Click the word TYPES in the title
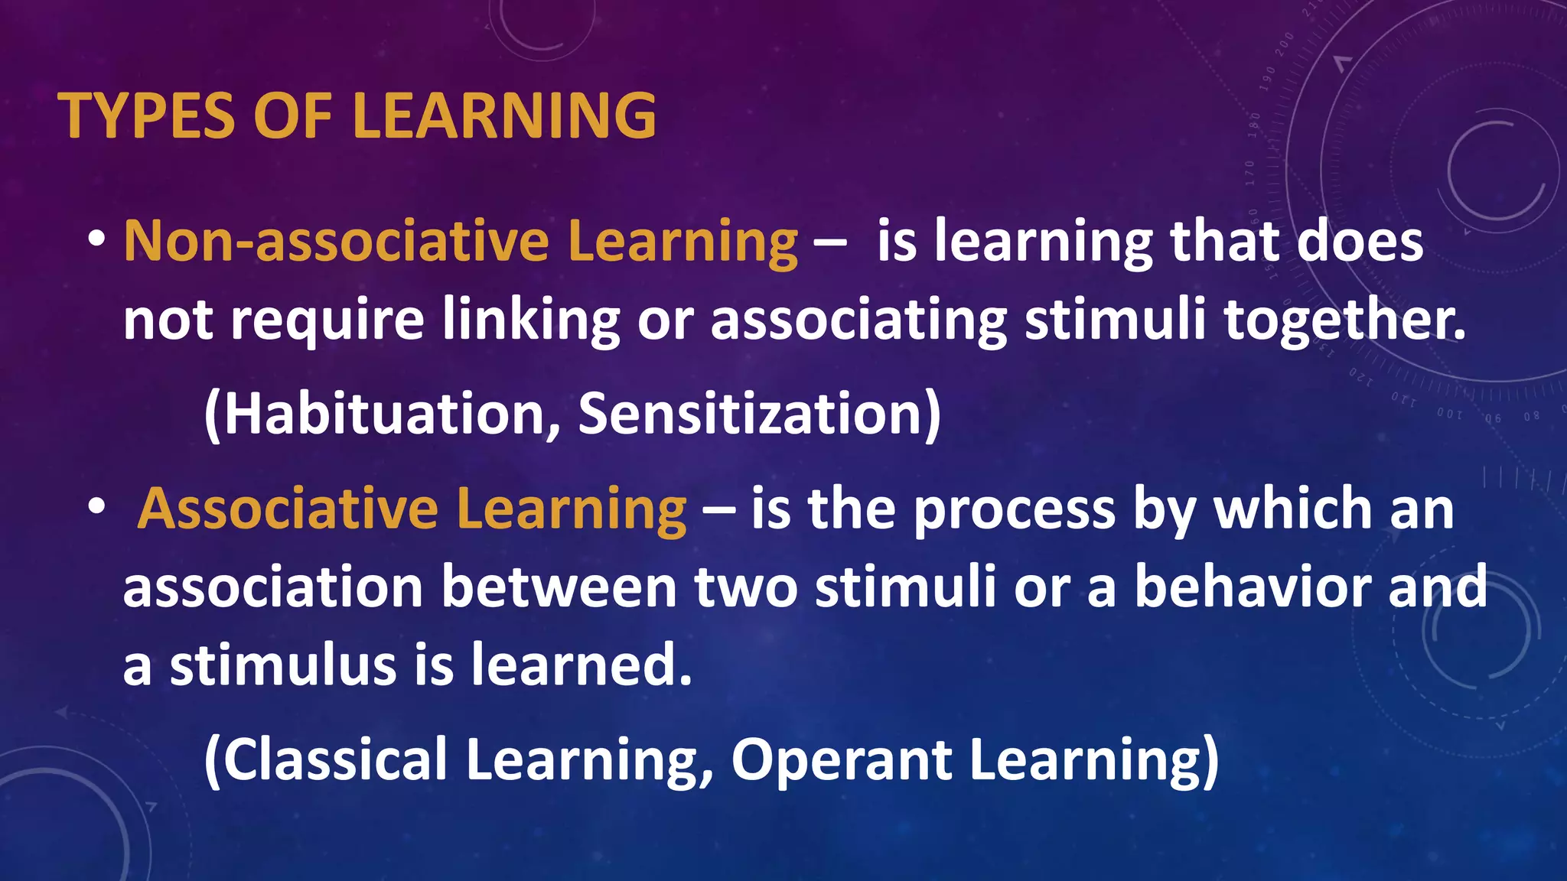pos(146,116)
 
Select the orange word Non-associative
pos(337,242)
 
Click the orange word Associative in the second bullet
pos(288,509)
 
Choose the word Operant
pos(842,759)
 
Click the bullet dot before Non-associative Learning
pos(96,239)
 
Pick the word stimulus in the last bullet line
pos(284,665)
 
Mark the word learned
pos(581,665)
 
